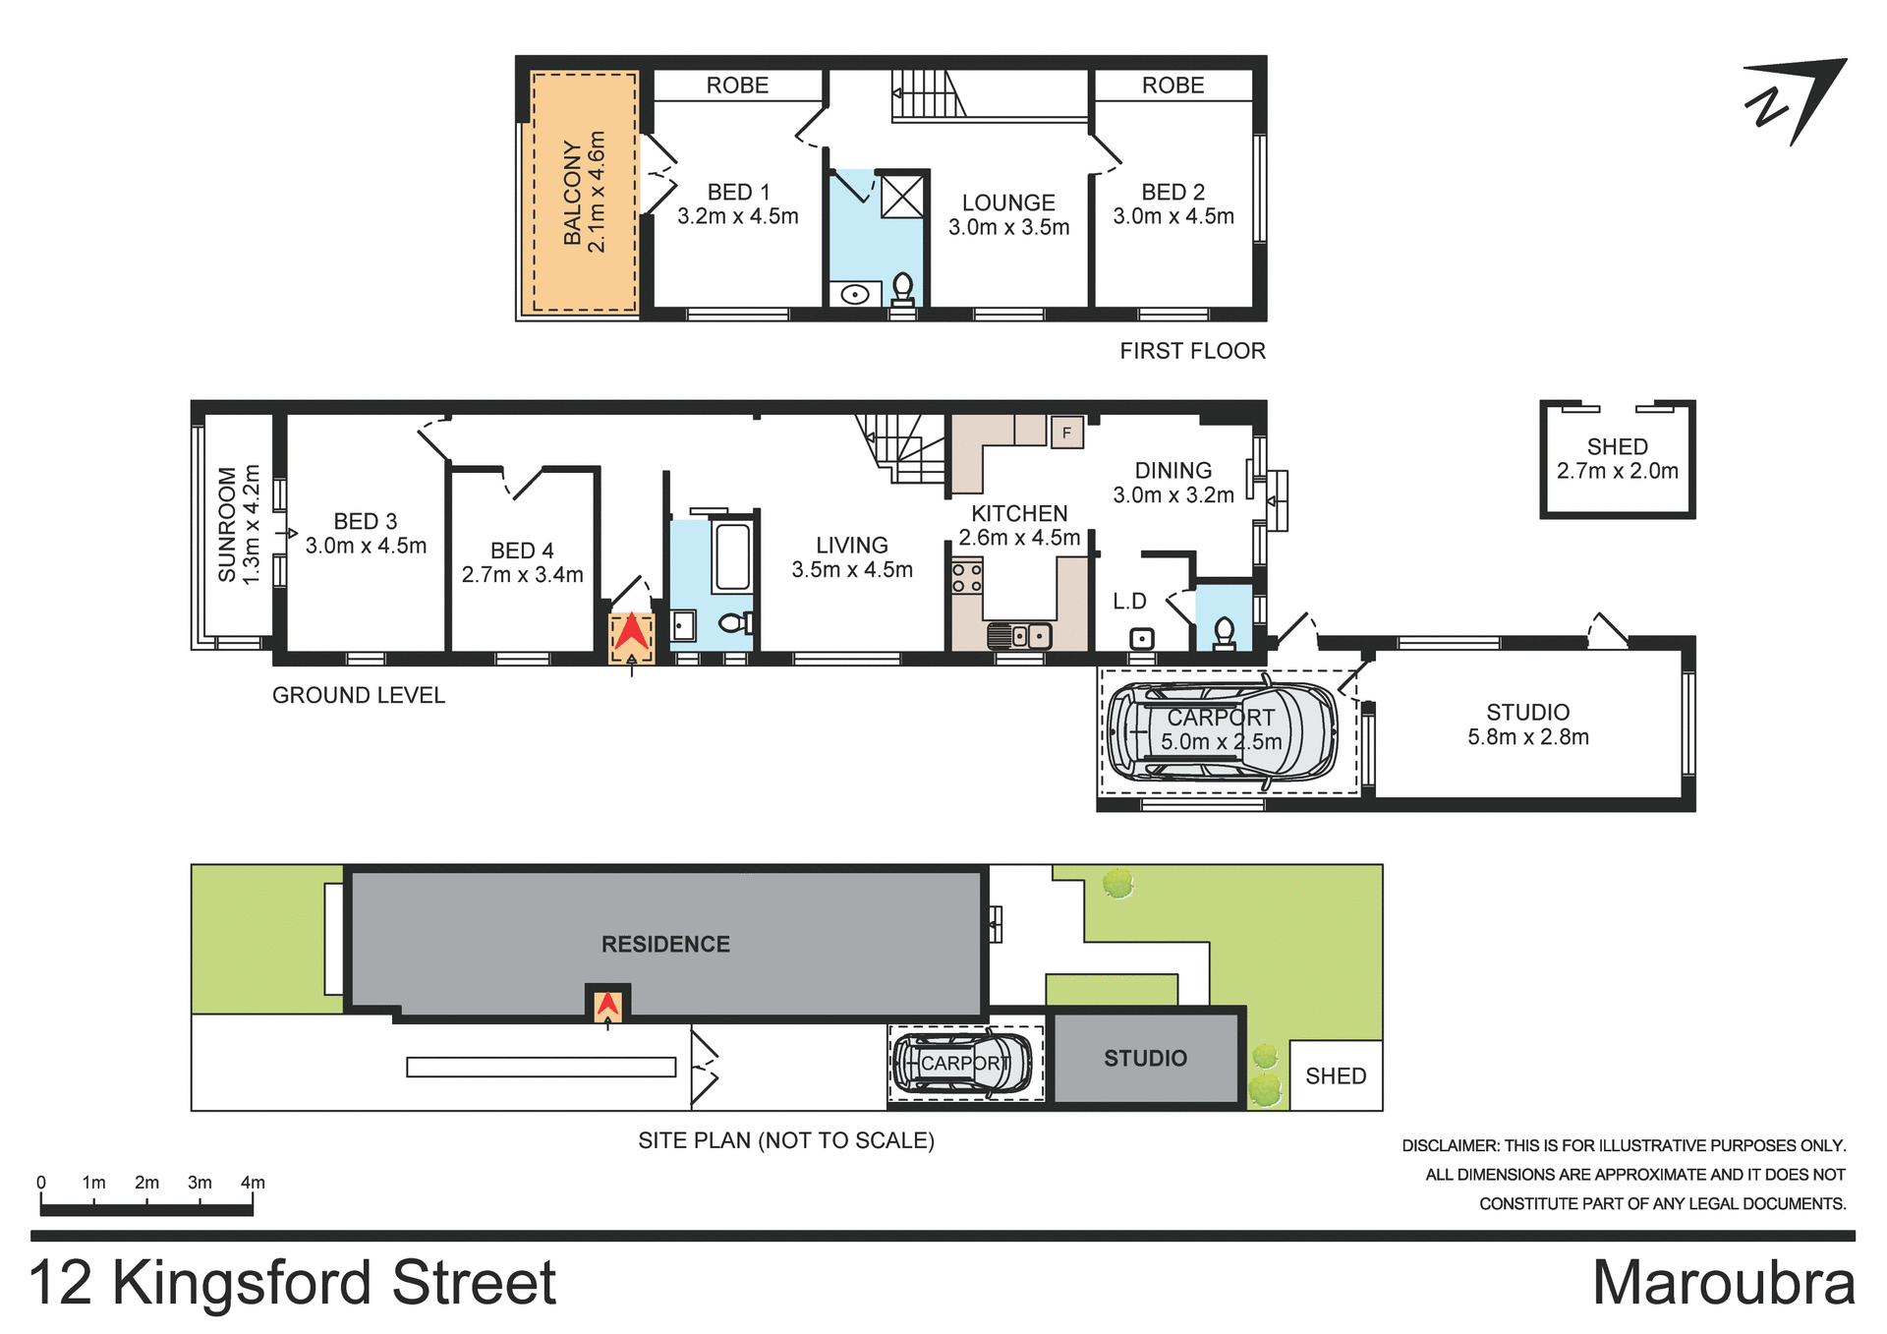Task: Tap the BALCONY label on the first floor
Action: click(572, 192)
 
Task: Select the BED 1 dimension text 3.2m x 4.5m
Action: click(737, 216)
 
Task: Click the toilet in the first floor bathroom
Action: click(902, 290)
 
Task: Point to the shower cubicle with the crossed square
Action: click(901, 197)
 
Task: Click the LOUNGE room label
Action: click(1008, 203)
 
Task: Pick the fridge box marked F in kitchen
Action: click(1066, 433)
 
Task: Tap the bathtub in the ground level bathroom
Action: click(732, 556)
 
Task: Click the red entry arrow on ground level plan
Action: click(631, 634)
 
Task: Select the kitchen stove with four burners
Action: click(966, 577)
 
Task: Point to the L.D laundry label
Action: click(1129, 601)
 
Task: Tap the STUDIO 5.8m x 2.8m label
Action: click(1527, 725)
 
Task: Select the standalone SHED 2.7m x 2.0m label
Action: click(1617, 458)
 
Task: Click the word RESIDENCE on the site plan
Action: click(665, 944)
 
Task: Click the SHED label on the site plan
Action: click(1335, 1075)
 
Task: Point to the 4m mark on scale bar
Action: click(253, 1183)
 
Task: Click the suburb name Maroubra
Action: click(1723, 1282)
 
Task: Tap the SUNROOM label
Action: click(228, 524)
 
